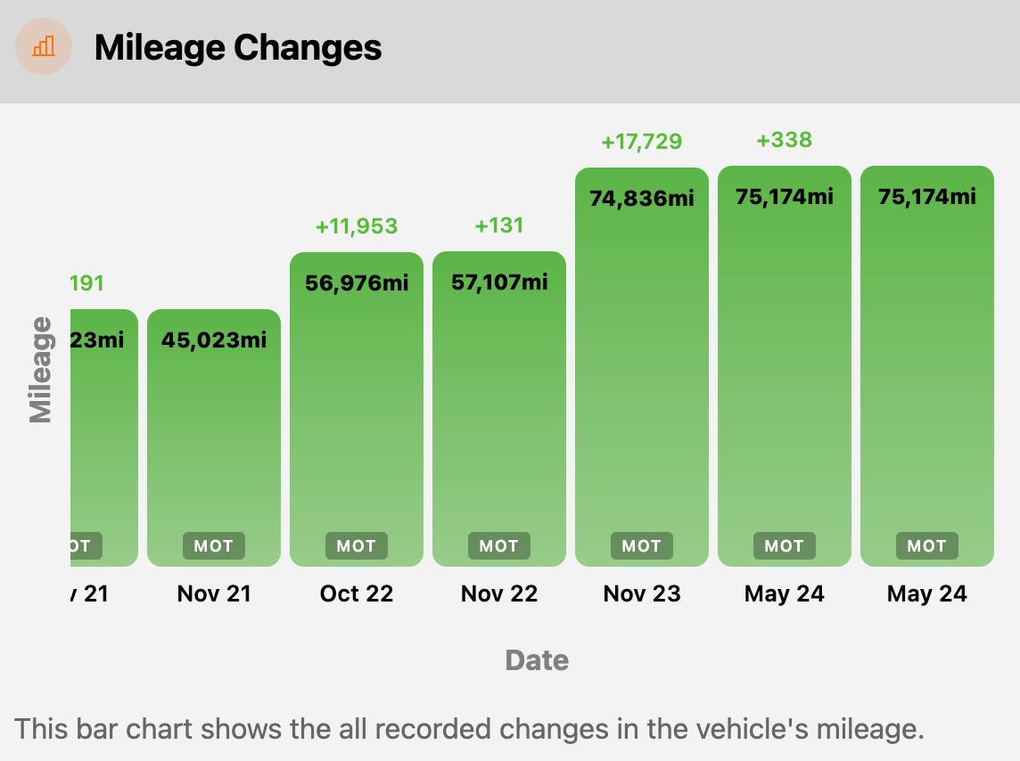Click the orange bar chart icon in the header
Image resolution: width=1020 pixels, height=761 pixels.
[x=44, y=46]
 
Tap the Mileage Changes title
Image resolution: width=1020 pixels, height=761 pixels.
[x=238, y=47]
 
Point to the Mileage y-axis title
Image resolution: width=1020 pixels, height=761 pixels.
[x=40, y=369]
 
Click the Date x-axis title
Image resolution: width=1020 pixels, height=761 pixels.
[x=537, y=660]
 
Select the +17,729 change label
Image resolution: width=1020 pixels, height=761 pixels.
[x=642, y=142]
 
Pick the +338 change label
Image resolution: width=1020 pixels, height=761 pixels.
[x=785, y=140]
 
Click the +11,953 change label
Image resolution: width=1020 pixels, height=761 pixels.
[x=357, y=226]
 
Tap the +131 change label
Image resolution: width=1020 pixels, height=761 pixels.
[x=499, y=225]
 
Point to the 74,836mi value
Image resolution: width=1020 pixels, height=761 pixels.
[x=642, y=198]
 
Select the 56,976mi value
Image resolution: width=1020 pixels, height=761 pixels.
[x=357, y=282]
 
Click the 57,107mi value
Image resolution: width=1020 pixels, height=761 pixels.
[x=499, y=282]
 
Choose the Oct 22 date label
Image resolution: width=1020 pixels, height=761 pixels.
[x=357, y=593]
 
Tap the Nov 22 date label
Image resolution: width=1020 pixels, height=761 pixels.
[x=499, y=593]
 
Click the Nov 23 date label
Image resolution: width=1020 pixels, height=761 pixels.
[x=642, y=593]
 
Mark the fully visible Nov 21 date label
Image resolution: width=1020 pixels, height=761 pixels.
[x=214, y=593]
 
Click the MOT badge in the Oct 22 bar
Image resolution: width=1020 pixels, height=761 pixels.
[x=357, y=546]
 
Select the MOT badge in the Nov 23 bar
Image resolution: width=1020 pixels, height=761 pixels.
[x=642, y=546]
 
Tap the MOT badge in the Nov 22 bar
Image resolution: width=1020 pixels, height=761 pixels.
[x=499, y=546]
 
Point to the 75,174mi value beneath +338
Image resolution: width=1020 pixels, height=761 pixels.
[x=785, y=196]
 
